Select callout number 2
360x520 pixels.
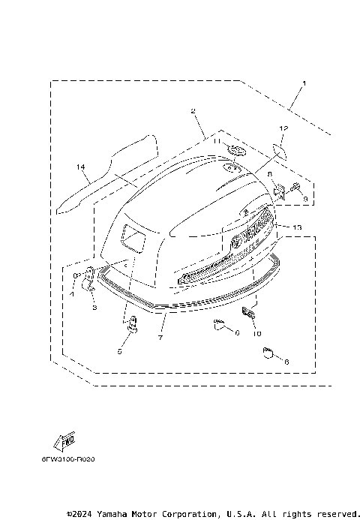click(x=193, y=112)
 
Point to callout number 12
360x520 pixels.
click(x=283, y=129)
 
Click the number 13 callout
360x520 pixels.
click(x=297, y=227)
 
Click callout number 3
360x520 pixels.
click(x=94, y=308)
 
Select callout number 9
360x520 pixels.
click(x=305, y=197)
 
